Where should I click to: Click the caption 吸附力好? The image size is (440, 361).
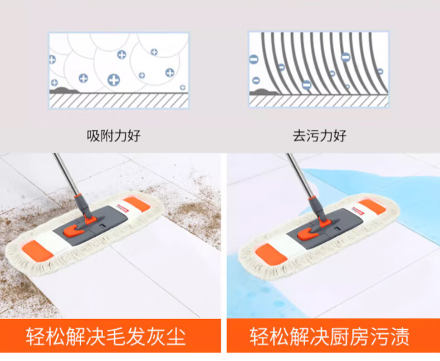coord(114,136)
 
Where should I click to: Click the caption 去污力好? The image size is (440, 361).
coord(320,136)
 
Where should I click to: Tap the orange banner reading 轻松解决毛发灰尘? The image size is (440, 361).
coord(110,336)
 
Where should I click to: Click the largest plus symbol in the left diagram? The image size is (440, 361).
coord(114,80)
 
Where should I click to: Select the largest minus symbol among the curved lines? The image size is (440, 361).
coord(346,57)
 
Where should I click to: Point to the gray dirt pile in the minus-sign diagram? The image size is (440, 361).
coord(264,91)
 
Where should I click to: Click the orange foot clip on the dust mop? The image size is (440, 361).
coord(74,230)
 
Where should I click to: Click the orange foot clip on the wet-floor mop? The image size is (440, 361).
coord(308,233)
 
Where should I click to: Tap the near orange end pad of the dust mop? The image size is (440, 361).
coord(38,251)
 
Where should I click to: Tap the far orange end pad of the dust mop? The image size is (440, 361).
coord(136,204)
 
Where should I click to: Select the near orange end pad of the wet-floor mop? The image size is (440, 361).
coord(271,254)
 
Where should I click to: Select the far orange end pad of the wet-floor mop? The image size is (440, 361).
coord(372,207)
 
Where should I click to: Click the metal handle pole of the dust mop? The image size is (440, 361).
coord(66,174)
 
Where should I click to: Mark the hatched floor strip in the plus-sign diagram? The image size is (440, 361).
coord(119,100)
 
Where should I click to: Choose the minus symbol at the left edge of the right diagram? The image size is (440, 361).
coord(253,60)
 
